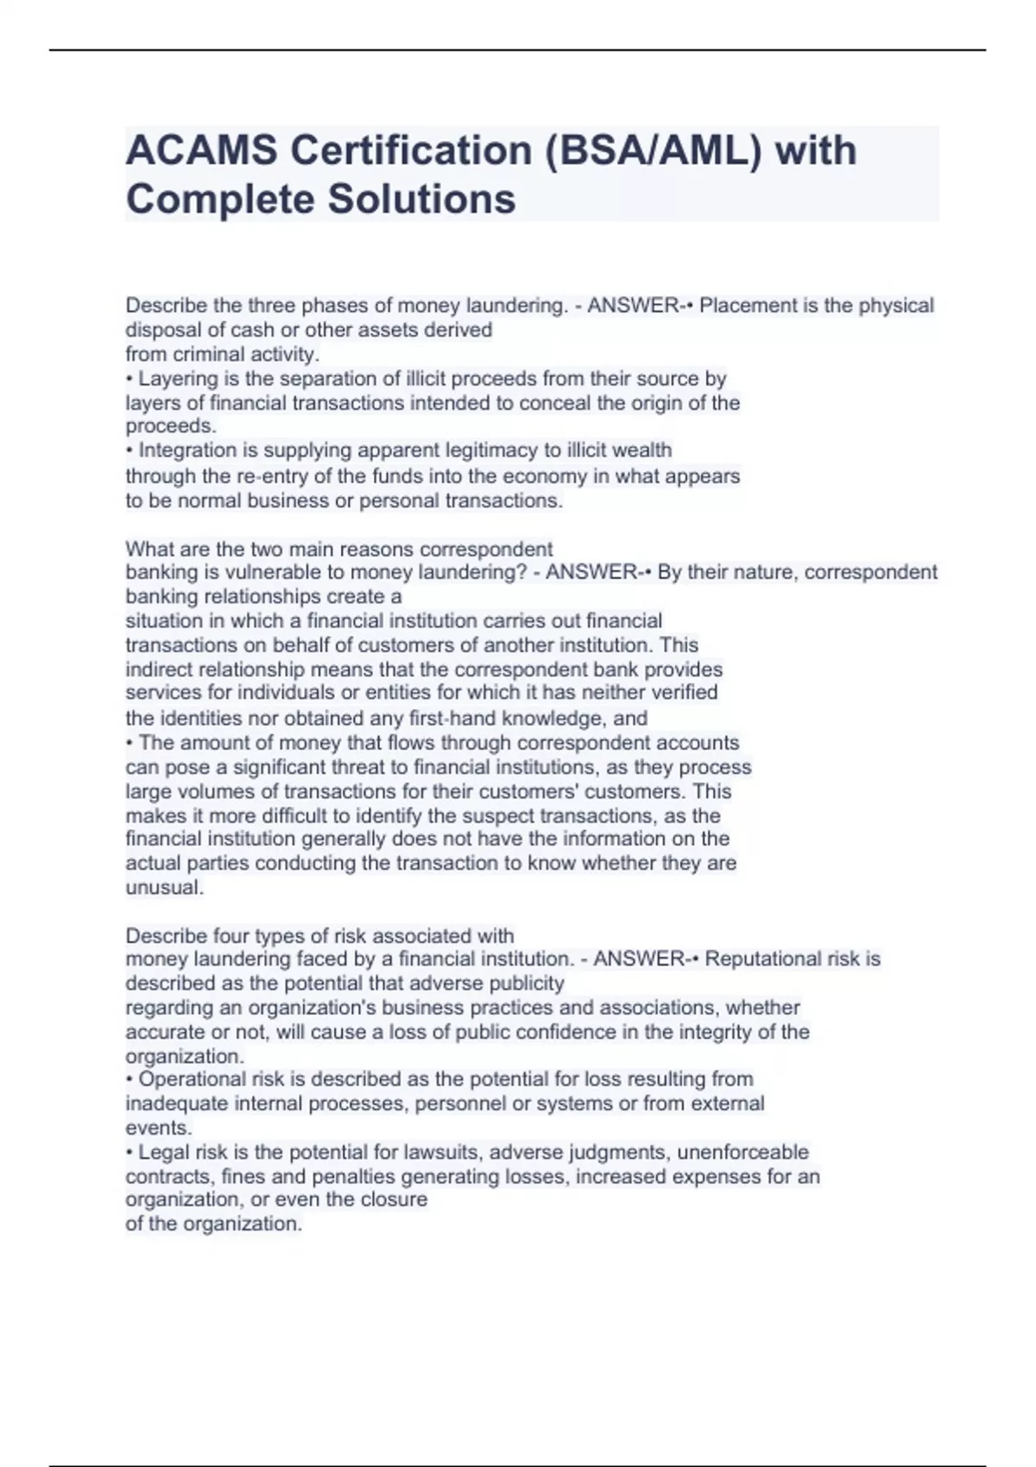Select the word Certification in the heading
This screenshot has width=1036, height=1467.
(411, 151)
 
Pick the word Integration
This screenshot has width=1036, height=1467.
(184, 450)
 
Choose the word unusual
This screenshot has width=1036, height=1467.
(164, 888)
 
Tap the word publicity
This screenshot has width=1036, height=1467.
(525, 984)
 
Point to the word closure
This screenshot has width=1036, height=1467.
(394, 1199)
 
